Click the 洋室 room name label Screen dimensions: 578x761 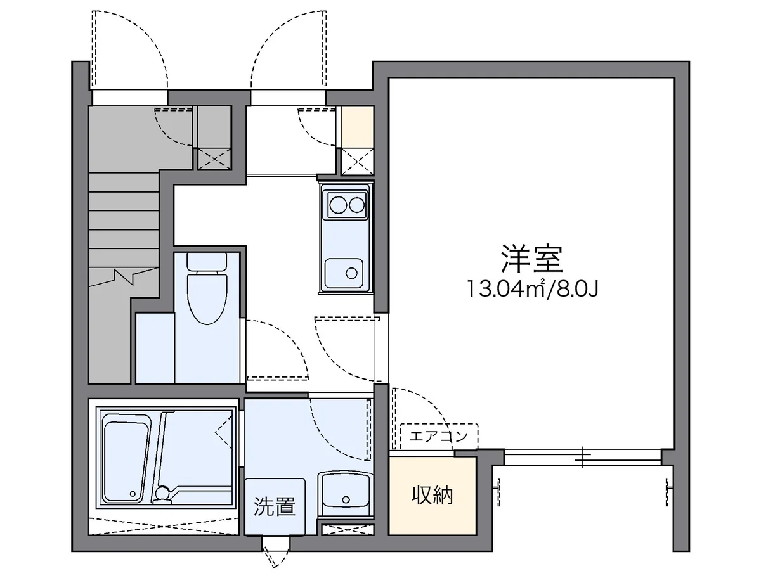[x=531, y=259]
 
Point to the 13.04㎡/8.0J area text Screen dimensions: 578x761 [x=533, y=290]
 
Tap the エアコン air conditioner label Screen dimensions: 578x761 [x=438, y=436]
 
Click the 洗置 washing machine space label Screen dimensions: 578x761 [x=275, y=506]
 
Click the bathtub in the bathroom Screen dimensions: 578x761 [x=126, y=454]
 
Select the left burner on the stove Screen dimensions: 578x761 [x=337, y=205]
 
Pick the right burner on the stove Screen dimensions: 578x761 [x=357, y=205]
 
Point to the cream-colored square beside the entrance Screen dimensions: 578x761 [x=357, y=126]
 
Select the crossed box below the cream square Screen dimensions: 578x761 [x=357, y=161]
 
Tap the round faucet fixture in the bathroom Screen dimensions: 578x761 [x=163, y=492]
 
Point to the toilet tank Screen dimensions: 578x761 [x=207, y=262]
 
